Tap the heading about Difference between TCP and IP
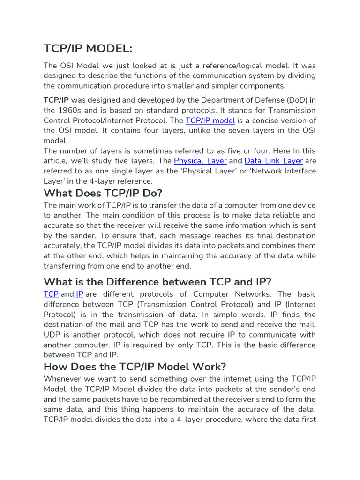[157, 282]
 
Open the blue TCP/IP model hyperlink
[210, 120]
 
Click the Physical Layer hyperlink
[200, 161]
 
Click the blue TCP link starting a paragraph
[51, 294]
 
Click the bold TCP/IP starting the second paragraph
[56, 100]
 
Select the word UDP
[52, 335]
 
